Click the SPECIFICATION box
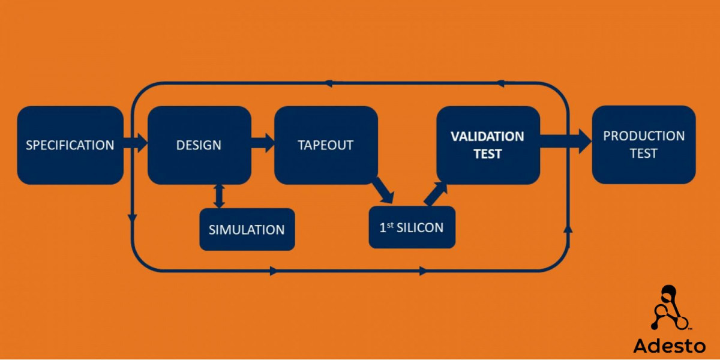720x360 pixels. (70, 145)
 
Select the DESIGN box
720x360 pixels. (199, 145)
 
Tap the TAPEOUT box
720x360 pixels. (326, 145)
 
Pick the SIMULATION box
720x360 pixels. (247, 229)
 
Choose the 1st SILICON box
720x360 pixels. (412, 227)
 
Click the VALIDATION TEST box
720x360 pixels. (488, 145)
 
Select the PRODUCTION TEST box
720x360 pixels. (644, 145)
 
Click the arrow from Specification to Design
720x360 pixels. (135, 143)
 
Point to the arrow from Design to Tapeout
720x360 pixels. (262, 143)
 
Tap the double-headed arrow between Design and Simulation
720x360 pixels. (220, 196)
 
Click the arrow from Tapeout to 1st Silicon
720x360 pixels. (382, 190)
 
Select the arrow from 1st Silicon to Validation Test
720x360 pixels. (436, 193)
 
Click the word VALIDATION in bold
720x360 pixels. (487, 136)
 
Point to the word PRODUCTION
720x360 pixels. (644, 136)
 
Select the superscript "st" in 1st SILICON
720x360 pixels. (391, 224)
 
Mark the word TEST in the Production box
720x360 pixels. (643, 154)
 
